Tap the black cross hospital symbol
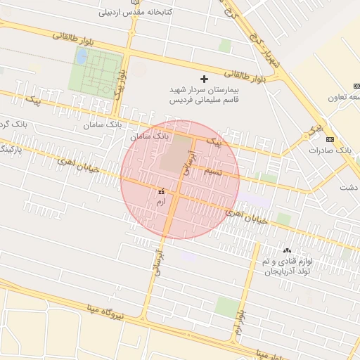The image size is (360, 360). [x=205, y=79]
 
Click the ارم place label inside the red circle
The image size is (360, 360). [x=161, y=202]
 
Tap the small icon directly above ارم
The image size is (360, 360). [x=162, y=191]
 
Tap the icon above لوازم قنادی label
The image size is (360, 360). [x=286, y=250]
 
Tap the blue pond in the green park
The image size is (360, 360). [x=82, y=56]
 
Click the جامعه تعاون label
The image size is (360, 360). [x=345, y=97]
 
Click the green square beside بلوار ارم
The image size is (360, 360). [x=227, y=306]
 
